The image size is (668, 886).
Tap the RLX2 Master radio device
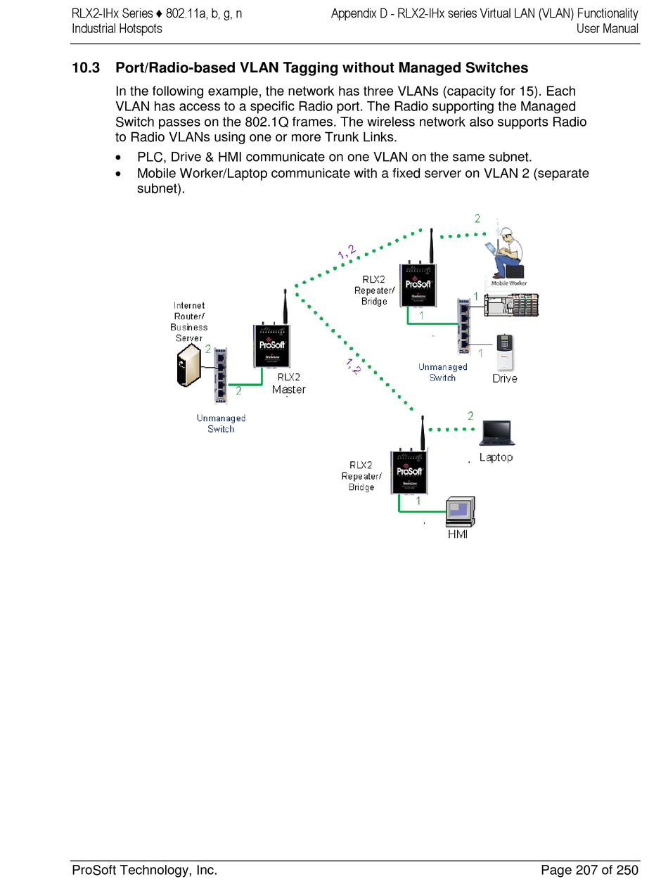(x=272, y=347)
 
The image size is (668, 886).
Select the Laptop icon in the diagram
(x=496, y=433)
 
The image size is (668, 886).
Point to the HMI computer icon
(x=461, y=511)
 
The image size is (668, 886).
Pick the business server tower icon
(x=189, y=366)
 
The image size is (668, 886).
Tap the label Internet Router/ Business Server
(x=189, y=321)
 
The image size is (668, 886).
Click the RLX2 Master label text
(x=288, y=383)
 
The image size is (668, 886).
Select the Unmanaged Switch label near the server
(x=221, y=423)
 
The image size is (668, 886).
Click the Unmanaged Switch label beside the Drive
(x=442, y=372)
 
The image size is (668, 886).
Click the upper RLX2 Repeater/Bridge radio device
(x=417, y=285)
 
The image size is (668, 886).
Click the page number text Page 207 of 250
(x=589, y=871)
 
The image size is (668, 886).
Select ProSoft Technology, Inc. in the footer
(x=145, y=871)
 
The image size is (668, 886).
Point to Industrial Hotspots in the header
(x=117, y=29)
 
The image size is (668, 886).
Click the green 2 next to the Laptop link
(x=470, y=416)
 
